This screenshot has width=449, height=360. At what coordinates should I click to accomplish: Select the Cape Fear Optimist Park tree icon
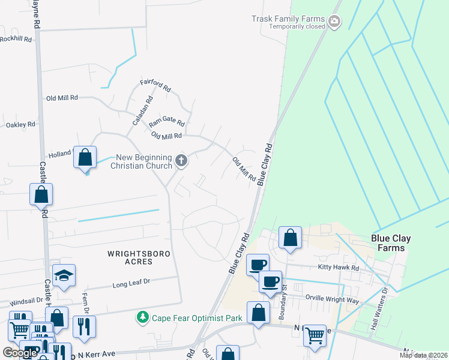(x=143, y=316)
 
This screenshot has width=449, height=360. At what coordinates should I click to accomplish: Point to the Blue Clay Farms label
(x=391, y=243)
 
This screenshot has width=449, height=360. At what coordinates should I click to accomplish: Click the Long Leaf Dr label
(x=130, y=282)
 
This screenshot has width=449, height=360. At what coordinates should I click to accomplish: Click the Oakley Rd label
(x=20, y=124)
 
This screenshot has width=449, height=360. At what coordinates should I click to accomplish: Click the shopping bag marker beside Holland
(x=85, y=158)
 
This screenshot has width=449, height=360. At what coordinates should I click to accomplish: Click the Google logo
(x=20, y=353)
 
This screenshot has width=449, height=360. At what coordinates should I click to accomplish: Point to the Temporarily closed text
(x=297, y=26)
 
